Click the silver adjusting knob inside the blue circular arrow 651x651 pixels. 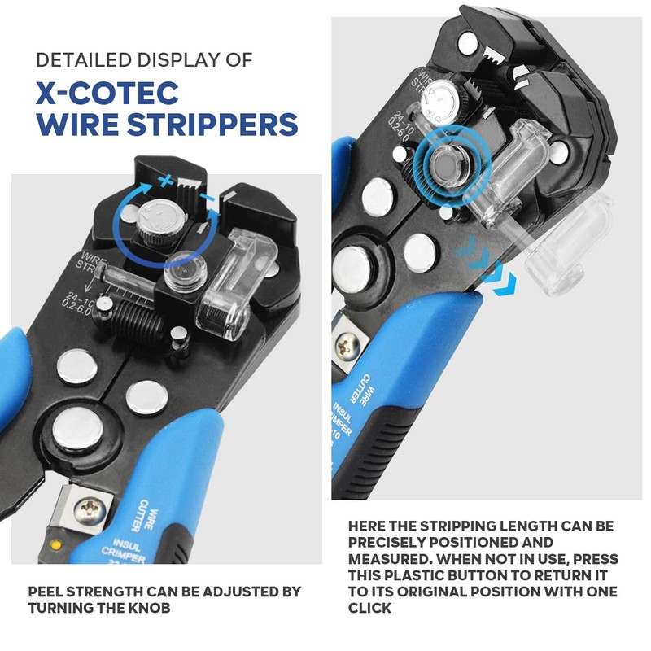[156, 221]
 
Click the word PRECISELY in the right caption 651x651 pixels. [389, 543]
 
